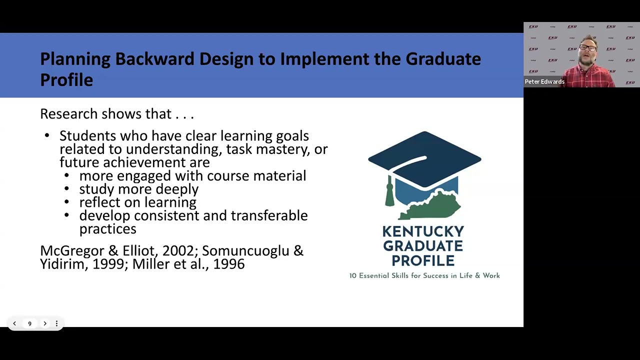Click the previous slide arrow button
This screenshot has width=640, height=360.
14,323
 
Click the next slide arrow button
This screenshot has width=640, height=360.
45,323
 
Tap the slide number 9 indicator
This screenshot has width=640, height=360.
29,323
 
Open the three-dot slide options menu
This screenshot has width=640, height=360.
56,323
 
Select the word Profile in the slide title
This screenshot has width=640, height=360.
66,80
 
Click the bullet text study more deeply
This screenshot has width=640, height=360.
138,189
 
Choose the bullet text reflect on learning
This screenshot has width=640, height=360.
137,202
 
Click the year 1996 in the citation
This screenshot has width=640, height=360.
228,264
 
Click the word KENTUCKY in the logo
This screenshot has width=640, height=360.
423,231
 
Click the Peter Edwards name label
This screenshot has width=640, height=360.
544,81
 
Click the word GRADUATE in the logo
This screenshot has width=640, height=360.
423,246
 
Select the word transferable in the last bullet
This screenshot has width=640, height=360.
269,215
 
